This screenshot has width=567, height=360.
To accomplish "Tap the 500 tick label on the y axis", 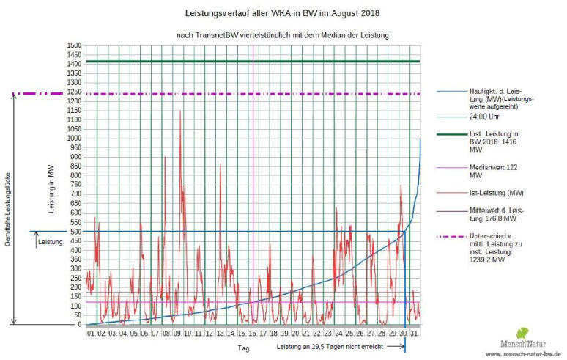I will (74, 231).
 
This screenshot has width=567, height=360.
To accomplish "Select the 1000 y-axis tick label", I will (72, 138).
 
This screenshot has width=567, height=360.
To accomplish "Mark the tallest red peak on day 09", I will (180, 111).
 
